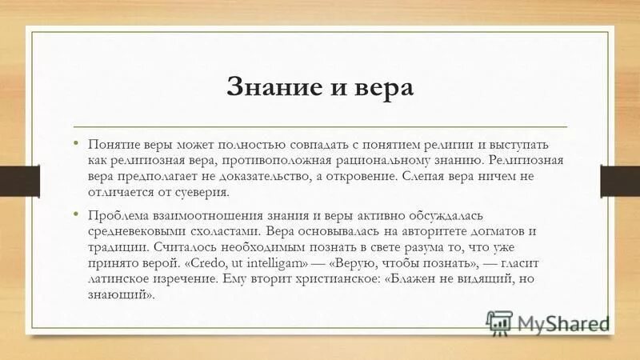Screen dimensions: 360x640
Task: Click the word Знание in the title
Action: [265, 86]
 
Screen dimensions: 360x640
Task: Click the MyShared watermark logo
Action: [547, 323]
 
